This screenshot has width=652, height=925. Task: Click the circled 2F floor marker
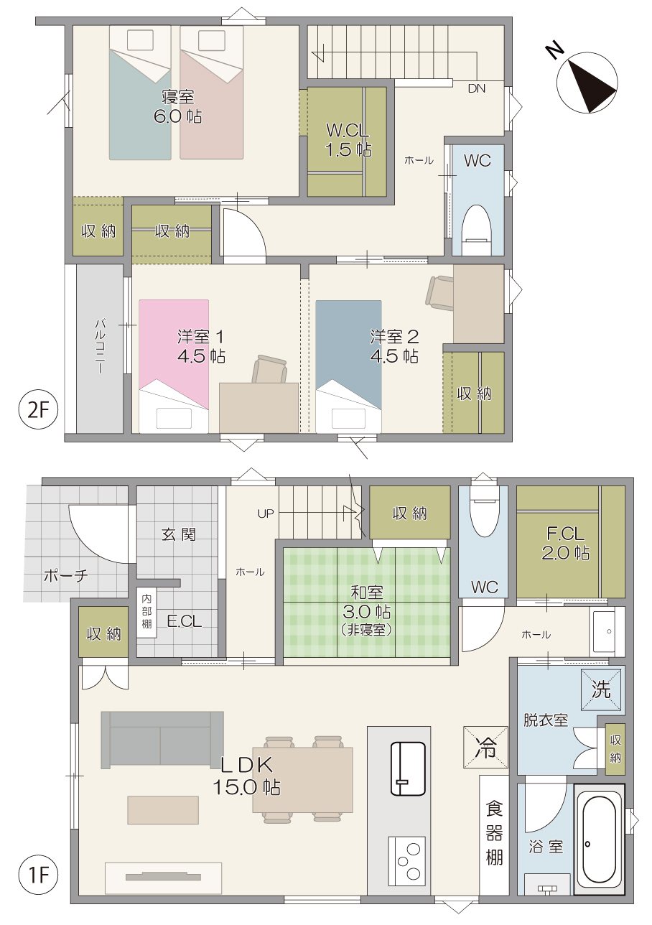[39, 409]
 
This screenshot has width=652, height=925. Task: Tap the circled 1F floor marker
[39, 874]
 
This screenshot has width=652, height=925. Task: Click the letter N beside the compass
[554, 50]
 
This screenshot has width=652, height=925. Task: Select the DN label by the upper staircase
[477, 88]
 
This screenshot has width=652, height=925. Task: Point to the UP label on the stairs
[266, 513]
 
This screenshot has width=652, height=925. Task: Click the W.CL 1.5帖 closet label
[348, 140]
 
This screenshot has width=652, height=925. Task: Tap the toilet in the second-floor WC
[475, 230]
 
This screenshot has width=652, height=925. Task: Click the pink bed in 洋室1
[174, 366]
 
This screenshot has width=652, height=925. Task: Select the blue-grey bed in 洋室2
[348, 366]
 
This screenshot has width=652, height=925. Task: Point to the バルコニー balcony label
[100, 345]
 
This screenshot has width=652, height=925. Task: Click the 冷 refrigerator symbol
[485, 748]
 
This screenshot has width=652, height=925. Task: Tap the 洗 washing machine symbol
[601, 689]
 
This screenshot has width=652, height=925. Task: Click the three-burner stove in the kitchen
[406, 860]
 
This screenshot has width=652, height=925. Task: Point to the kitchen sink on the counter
[408, 768]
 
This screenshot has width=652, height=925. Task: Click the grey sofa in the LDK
[162, 740]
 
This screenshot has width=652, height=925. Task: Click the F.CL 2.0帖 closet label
[565, 543]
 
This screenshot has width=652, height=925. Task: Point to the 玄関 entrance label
[178, 535]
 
